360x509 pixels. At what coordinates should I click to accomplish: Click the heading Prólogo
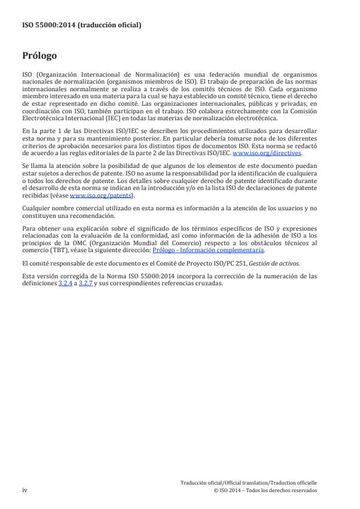point(40,56)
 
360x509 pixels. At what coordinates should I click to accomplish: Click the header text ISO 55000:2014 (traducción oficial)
point(82,25)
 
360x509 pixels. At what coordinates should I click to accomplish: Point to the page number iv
point(25,490)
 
